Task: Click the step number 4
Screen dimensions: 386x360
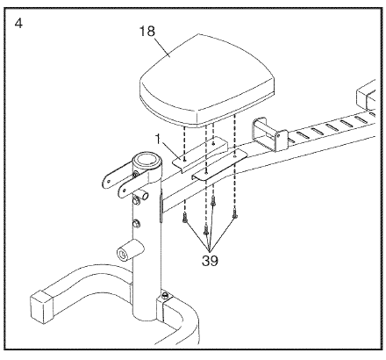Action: point(18,24)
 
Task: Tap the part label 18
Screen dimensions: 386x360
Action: point(147,32)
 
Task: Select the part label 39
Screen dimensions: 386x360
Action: point(210,260)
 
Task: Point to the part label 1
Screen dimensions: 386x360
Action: point(159,140)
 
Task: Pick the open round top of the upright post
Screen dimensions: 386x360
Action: point(148,160)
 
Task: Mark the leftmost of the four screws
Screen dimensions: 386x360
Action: point(184,218)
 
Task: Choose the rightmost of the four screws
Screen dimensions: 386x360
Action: point(234,214)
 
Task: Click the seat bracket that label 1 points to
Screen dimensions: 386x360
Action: point(199,154)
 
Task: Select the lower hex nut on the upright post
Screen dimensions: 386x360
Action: point(136,224)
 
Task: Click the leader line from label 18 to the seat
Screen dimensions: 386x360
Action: point(161,46)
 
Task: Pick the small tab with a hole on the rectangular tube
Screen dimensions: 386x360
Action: point(281,140)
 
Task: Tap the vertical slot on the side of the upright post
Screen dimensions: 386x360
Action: point(161,206)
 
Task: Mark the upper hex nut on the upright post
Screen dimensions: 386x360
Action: point(136,201)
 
